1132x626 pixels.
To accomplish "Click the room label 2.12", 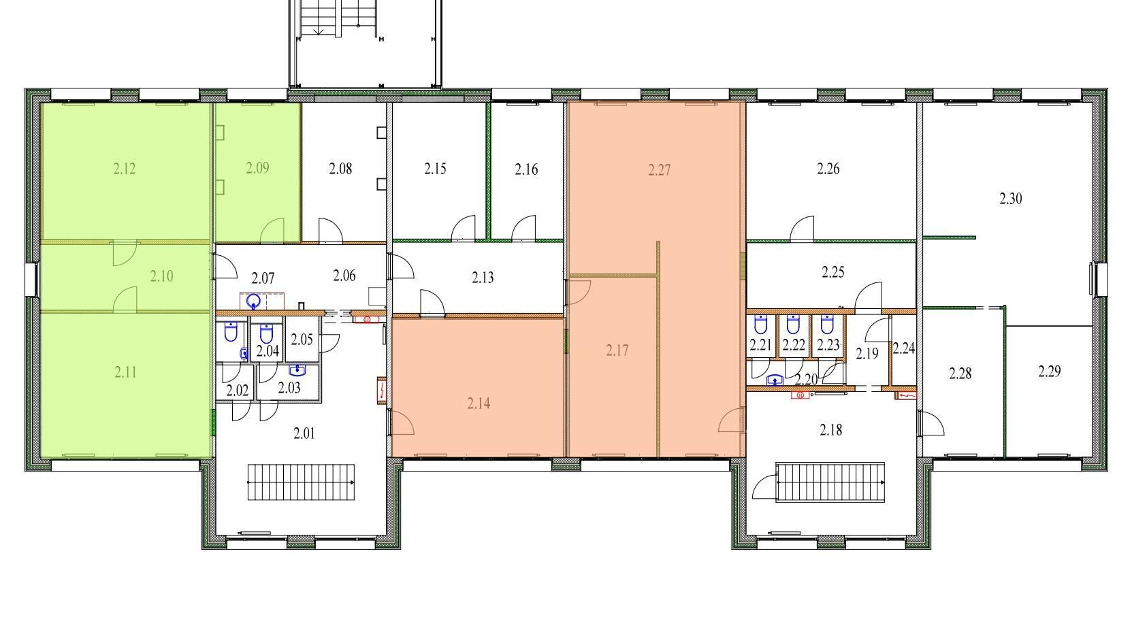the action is (125, 169).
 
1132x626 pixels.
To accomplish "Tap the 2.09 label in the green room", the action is (257, 168).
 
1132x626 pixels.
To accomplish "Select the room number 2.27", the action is (660, 169).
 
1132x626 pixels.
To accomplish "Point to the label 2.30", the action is (1011, 199).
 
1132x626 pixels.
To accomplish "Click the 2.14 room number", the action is (479, 403).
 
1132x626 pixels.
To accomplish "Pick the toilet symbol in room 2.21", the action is (760, 325).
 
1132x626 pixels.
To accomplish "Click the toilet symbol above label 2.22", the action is (794, 325).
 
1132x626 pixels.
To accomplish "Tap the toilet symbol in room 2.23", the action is (827, 325).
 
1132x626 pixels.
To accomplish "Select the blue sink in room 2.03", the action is (297, 371).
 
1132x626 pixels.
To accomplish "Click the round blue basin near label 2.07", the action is (254, 302).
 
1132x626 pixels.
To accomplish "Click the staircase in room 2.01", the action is (301, 482).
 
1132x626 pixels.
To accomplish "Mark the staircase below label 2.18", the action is (830, 482).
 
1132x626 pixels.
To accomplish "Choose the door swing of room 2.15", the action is (464, 228).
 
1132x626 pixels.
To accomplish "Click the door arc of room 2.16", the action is (523, 228).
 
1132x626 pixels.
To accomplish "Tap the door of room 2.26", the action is (803, 229).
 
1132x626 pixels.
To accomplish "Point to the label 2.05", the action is (302, 340).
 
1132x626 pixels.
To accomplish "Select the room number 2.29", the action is (1050, 372).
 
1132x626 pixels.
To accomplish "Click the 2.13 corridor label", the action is (483, 278).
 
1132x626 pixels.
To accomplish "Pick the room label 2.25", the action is (832, 272).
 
